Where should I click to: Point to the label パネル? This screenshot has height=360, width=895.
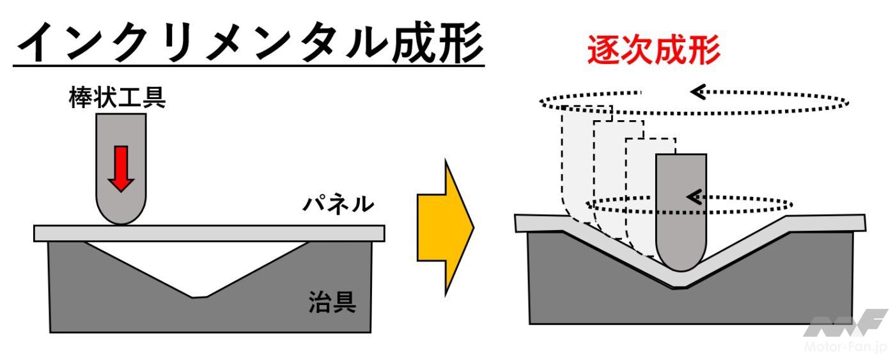pyautogui.click(x=337, y=204)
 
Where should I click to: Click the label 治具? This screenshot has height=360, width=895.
pyautogui.click(x=332, y=301)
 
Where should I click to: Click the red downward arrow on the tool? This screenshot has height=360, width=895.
pyautogui.click(x=121, y=168)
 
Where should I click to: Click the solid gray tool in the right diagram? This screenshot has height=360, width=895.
pyautogui.click(x=681, y=205)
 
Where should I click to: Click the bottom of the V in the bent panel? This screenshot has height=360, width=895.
pyautogui.click(x=681, y=282)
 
